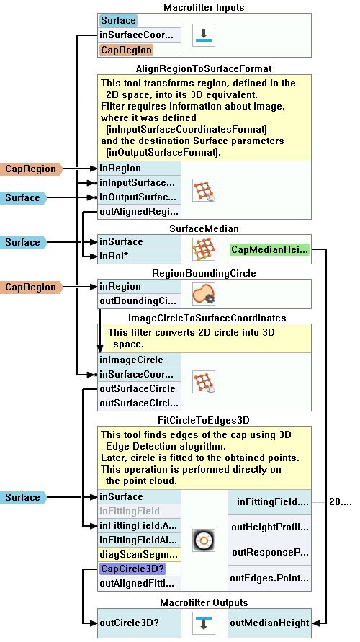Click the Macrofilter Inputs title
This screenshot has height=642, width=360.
point(204,7)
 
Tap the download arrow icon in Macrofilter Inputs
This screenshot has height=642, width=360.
point(203,35)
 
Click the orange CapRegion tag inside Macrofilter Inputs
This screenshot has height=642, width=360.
point(126,50)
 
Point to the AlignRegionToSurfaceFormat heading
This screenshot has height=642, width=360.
point(204,68)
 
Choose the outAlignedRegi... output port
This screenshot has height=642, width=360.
point(139,212)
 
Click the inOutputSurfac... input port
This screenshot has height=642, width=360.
point(139,197)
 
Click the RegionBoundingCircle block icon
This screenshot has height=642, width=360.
point(203,294)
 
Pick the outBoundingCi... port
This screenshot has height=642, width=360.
point(139,301)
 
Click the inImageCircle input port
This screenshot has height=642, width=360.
point(139,360)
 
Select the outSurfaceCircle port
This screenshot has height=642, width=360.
point(139,388)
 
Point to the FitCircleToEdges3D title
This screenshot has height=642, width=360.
point(204,420)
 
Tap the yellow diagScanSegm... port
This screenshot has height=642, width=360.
point(139,554)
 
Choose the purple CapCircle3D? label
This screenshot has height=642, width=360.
point(133,569)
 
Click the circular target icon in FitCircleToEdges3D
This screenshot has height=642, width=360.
point(203,540)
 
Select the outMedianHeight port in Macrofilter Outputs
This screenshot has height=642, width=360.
point(269,623)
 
